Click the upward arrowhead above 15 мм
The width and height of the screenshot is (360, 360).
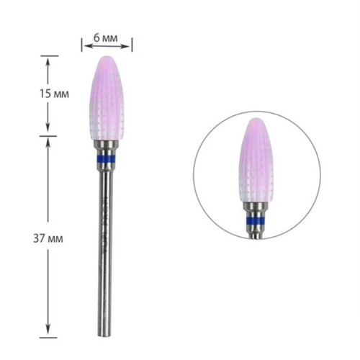48,60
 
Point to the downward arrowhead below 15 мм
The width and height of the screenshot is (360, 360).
48,130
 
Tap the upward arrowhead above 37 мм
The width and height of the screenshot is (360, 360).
48,141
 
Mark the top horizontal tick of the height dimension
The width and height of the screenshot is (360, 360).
48,55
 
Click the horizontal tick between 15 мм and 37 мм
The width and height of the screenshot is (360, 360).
48,135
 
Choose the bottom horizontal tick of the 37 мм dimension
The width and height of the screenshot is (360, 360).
48,336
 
